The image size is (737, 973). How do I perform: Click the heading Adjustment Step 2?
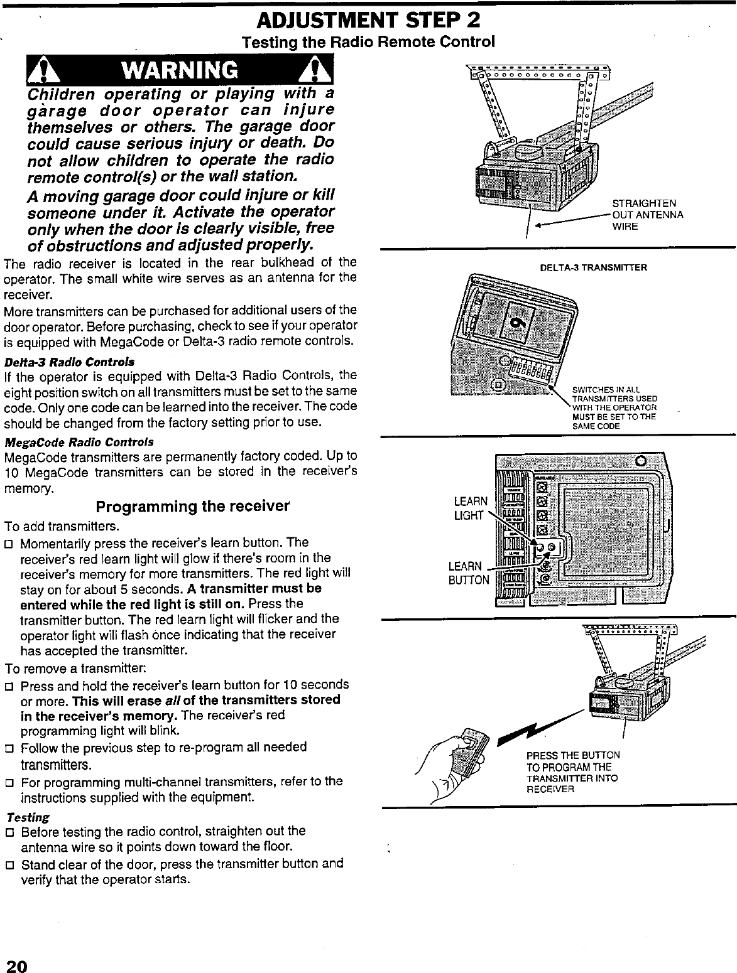(x=369, y=21)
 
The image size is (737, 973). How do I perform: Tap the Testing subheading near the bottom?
(x=27, y=817)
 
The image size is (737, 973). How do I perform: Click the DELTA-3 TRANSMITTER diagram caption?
(x=594, y=267)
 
